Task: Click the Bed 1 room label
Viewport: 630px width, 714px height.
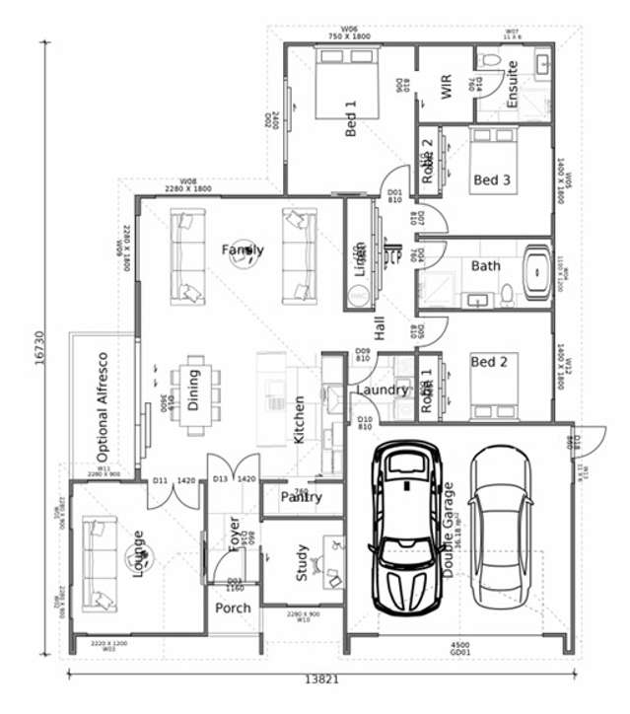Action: tap(350, 117)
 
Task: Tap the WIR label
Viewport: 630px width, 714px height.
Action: tap(445, 87)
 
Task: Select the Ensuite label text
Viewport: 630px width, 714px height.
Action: tap(512, 85)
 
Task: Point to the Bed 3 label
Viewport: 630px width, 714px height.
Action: tap(491, 179)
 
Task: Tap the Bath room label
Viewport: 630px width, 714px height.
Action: tap(485, 265)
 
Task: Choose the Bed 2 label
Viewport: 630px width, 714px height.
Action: tap(489, 362)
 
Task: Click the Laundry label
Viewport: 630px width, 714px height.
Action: tap(382, 390)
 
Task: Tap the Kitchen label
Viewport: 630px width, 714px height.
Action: tap(300, 420)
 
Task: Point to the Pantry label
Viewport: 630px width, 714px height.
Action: tap(301, 497)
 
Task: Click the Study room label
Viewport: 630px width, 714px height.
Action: tap(302, 562)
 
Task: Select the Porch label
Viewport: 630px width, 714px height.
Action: tap(233, 607)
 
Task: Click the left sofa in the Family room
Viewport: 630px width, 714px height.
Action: tap(184, 255)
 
